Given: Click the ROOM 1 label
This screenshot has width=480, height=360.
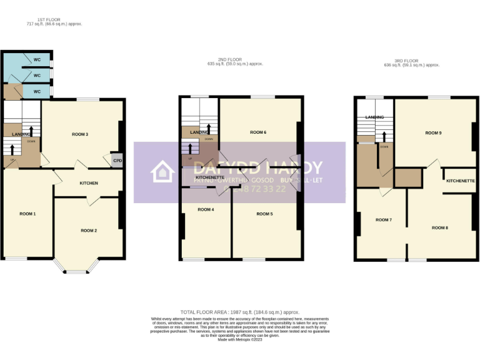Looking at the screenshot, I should click(x=27, y=214).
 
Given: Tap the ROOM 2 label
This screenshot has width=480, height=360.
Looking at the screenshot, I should click(x=89, y=231).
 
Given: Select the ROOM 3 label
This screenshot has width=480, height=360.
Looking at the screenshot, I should click(x=80, y=134).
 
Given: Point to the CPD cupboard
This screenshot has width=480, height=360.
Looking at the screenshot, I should click(x=117, y=161).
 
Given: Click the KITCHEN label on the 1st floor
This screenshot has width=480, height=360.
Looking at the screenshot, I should click(x=89, y=183).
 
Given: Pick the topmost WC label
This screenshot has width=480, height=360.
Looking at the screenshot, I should click(x=37, y=60).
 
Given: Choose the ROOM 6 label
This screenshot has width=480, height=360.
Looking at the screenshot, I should click(x=258, y=132).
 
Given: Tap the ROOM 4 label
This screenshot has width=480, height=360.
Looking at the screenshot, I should click(x=206, y=209).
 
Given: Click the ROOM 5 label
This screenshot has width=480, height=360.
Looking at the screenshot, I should click(x=264, y=214).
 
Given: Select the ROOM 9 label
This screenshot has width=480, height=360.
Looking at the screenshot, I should click(x=433, y=133).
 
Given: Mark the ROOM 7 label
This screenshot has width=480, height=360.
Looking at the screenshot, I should click(x=383, y=220).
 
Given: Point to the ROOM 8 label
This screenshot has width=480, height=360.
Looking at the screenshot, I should click(x=439, y=227).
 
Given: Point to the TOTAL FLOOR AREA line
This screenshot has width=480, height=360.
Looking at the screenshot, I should click(x=240, y=311).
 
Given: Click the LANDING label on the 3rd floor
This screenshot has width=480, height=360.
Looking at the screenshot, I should click(x=374, y=117).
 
